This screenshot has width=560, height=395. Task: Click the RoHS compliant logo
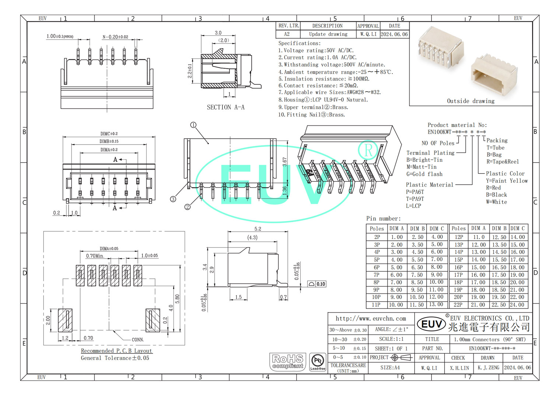(287, 362)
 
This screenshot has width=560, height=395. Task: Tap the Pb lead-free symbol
(318, 362)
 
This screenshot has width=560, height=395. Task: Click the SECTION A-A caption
(225, 107)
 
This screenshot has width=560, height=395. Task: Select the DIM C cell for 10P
(436, 297)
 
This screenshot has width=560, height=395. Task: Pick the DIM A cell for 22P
(478, 305)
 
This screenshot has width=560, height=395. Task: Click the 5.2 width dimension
(258, 229)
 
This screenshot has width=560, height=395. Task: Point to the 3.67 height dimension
(285, 162)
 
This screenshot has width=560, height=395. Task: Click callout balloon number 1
(193, 125)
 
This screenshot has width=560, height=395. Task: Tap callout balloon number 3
(173, 199)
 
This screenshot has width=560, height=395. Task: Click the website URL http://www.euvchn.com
(371, 319)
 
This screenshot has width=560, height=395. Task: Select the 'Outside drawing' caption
(470, 101)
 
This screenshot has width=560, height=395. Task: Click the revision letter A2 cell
(287, 34)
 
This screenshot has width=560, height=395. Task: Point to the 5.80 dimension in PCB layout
(177, 299)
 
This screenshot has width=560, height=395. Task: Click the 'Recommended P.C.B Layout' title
(116, 351)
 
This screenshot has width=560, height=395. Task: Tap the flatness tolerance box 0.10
(317, 284)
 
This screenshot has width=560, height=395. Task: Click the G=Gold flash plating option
(424, 174)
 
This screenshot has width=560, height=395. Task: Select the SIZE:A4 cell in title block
(390, 367)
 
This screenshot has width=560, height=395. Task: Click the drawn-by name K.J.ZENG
(488, 367)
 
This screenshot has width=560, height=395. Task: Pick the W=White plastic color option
(496, 202)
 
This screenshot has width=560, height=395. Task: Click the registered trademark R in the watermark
(368, 150)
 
